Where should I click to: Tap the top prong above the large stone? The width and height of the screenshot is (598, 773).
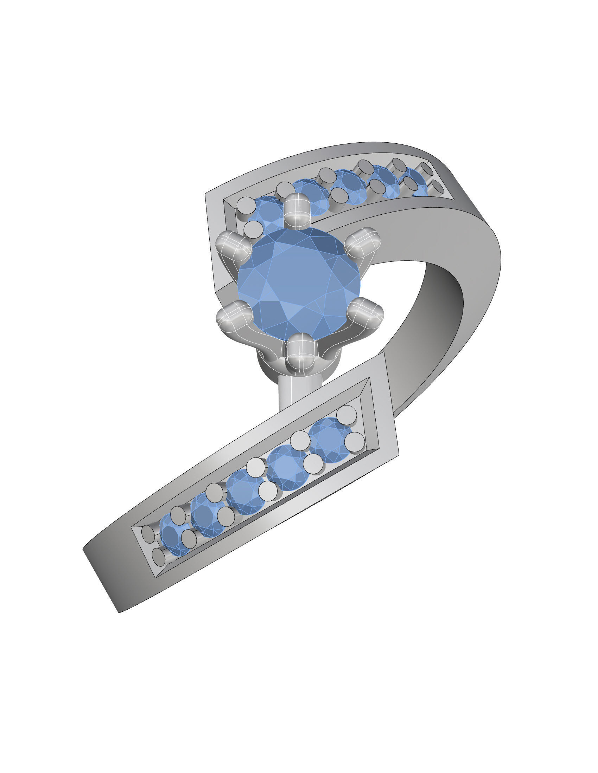[298, 212]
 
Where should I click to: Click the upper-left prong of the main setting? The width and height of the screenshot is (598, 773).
[232, 245]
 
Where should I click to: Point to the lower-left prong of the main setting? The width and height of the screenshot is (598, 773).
[233, 316]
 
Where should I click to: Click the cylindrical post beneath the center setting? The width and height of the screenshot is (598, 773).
[299, 392]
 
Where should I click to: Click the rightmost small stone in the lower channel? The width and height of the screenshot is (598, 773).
[329, 440]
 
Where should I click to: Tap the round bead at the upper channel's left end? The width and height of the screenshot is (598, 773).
[246, 206]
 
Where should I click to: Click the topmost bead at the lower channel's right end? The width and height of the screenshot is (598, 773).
[346, 415]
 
